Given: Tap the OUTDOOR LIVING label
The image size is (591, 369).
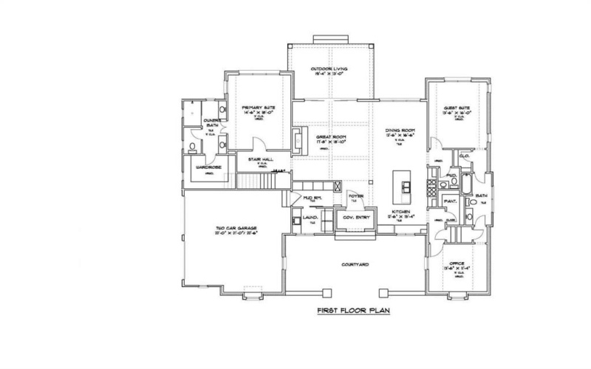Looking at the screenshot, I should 329,69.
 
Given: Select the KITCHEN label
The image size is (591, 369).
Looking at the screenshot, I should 403,213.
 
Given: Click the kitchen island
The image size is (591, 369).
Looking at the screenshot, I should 403,188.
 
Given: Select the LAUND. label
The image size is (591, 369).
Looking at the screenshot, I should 310,218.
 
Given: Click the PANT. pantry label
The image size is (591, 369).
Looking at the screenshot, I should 448,200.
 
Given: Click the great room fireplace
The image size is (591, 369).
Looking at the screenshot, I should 296,139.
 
